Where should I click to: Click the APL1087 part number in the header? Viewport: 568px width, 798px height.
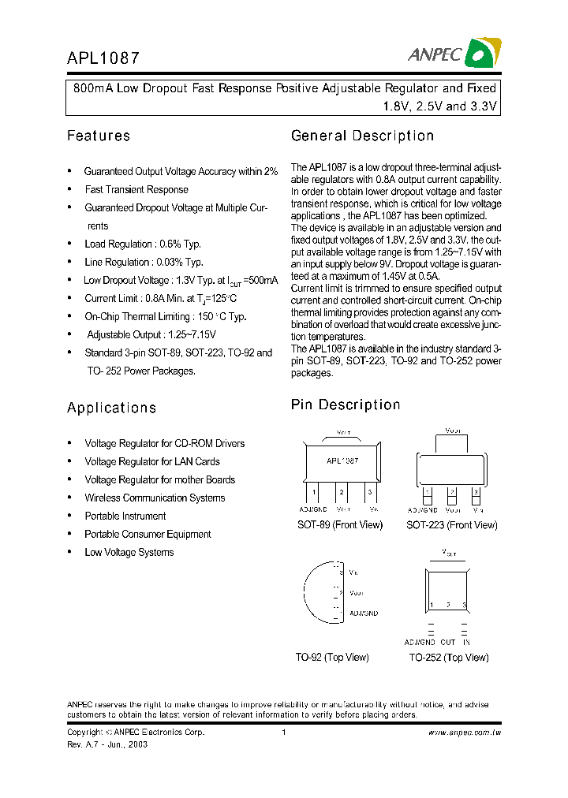point(103,58)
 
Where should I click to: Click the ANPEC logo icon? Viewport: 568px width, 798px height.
point(482,53)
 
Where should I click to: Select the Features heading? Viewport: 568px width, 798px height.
point(99,136)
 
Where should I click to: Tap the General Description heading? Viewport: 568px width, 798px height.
point(362,136)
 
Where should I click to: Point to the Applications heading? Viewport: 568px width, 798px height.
point(111,408)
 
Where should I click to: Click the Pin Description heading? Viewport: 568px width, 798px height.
point(346,405)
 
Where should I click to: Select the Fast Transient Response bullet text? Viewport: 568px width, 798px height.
point(136,189)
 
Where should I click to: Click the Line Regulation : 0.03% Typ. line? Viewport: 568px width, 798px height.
point(144,262)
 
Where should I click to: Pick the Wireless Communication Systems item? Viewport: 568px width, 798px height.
point(155,498)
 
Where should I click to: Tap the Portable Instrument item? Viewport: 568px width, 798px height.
point(125,516)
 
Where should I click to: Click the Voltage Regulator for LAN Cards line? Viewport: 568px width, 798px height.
point(152,461)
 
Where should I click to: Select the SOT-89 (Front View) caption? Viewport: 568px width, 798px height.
point(339,525)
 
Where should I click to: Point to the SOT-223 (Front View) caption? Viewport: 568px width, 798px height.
point(452,525)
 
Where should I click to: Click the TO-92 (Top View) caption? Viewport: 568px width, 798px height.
point(332,658)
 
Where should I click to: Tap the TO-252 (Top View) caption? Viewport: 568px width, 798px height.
point(448,658)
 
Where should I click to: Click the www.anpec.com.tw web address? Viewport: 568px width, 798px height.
point(465,733)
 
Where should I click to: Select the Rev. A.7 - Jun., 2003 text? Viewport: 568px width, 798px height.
point(107,744)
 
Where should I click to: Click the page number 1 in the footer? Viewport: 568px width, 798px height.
point(283,733)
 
